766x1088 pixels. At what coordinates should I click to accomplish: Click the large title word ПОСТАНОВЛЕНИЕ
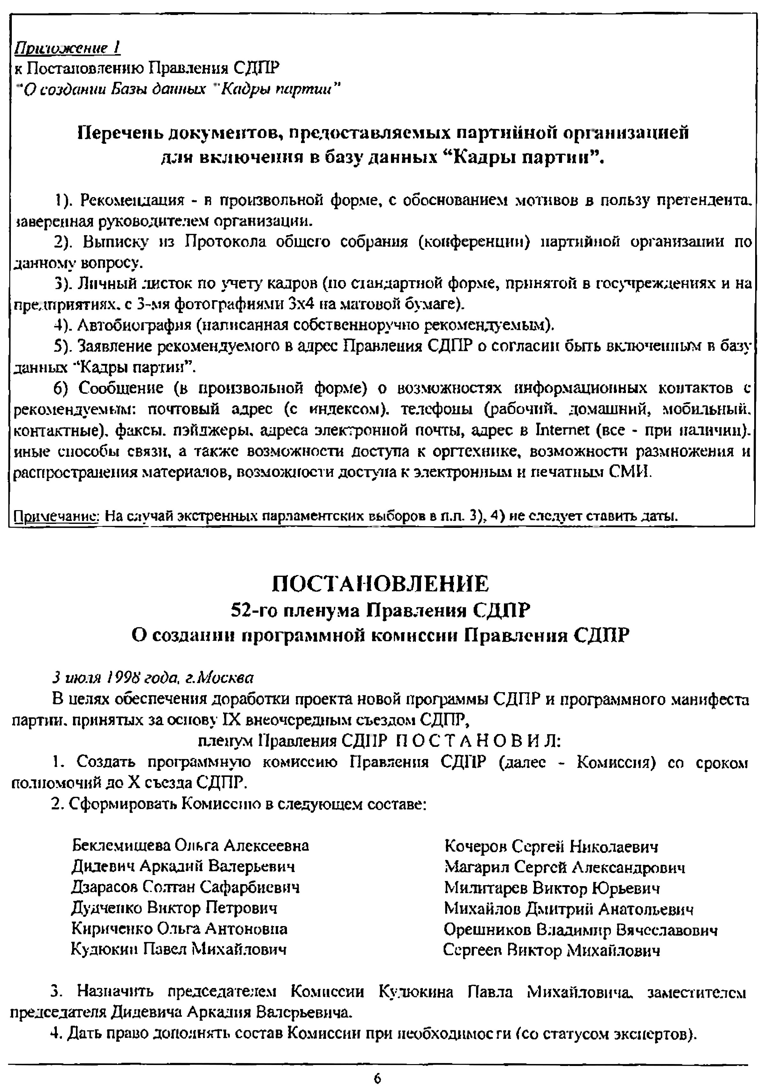381,583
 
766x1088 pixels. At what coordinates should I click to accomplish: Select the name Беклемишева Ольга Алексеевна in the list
190,845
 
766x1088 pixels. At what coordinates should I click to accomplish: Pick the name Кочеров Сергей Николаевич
551,846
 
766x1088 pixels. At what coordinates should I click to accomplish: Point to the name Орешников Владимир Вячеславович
581,930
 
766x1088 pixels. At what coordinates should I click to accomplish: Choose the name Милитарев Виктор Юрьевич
552,888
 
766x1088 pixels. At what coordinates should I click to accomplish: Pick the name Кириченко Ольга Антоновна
179,928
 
